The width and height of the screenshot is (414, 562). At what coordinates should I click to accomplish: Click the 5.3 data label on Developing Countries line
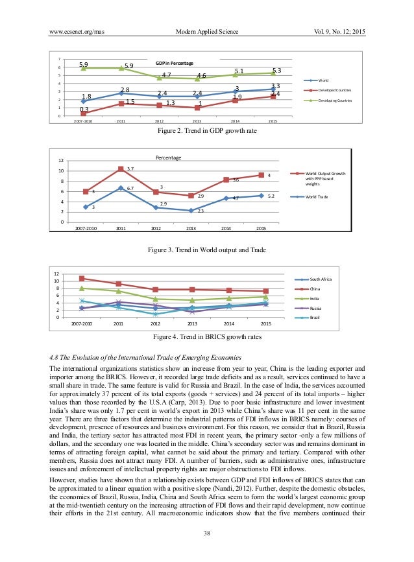[x=277, y=70]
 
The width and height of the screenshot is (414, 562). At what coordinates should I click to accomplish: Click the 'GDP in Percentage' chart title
[x=174, y=63]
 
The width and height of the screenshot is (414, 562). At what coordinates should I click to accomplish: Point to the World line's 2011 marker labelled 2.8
[x=121, y=93]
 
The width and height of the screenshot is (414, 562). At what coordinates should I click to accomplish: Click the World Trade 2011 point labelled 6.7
[x=120, y=188]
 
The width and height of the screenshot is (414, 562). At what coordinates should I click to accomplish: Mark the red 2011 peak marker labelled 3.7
[x=120, y=169]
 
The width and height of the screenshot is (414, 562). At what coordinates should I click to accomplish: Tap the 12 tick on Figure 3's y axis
[x=61, y=161]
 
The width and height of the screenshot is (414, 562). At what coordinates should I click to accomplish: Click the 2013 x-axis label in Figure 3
[x=191, y=228]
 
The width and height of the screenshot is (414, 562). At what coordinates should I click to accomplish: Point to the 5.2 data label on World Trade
[x=271, y=195]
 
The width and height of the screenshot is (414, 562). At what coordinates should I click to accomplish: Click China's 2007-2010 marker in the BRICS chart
[x=82, y=279]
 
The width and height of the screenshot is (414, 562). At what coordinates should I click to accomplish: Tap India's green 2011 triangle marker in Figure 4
[x=118, y=291]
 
